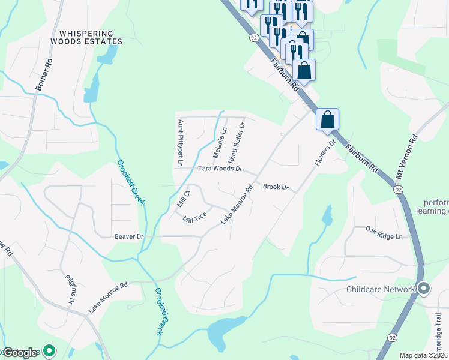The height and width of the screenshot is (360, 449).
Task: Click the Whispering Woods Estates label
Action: click(x=86, y=38)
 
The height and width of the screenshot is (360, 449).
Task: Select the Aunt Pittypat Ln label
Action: click(x=179, y=143)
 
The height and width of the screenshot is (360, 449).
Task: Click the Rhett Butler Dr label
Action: click(x=237, y=143)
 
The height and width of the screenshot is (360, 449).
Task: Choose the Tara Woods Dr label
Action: click(x=220, y=170)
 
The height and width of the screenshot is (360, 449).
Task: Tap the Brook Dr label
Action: click(x=276, y=187)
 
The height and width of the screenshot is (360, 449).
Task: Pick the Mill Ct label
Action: click(x=183, y=199)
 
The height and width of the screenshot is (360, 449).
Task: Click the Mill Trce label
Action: click(x=195, y=217)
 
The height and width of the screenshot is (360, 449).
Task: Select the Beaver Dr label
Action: click(x=128, y=236)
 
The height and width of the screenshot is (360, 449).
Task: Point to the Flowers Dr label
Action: click(x=324, y=154)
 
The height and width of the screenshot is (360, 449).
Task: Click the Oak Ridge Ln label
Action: click(x=384, y=233)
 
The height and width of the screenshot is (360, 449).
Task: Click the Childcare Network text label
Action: click(x=381, y=289)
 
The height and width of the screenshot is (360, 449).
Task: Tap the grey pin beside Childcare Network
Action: click(x=424, y=289)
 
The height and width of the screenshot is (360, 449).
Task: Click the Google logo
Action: click(x=19, y=352)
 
